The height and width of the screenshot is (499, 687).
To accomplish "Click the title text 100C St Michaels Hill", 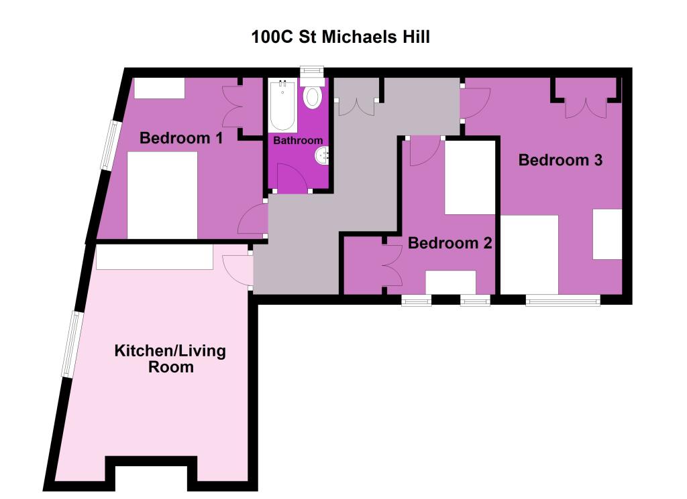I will click(x=340, y=36).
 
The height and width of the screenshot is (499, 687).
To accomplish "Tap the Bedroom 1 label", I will click(x=180, y=138).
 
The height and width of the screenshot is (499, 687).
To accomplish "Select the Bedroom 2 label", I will click(x=450, y=242).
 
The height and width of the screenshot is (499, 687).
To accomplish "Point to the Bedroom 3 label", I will click(x=560, y=160).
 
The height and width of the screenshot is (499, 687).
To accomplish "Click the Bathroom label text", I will click(x=297, y=141).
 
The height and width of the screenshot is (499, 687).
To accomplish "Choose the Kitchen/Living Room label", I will click(x=170, y=358).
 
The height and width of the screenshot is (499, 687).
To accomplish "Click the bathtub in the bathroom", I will click(x=282, y=105).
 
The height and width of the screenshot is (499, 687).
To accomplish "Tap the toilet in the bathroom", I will click(x=312, y=96).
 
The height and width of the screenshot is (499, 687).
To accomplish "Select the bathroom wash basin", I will click(x=323, y=156).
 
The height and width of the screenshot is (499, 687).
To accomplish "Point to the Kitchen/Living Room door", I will click(x=238, y=270).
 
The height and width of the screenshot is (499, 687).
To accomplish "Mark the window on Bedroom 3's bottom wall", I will click(x=562, y=301).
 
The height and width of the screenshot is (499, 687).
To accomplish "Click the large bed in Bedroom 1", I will click(x=162, y=195).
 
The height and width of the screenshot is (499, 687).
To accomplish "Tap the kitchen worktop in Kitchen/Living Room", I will click(x=154, y=257).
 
